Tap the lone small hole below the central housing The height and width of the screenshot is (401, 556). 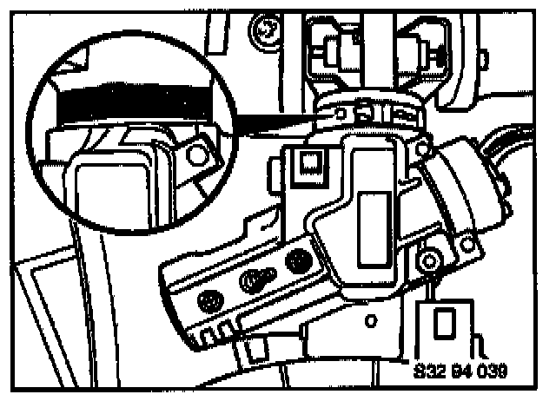(371, 320)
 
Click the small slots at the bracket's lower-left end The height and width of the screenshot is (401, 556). (212, 333)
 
